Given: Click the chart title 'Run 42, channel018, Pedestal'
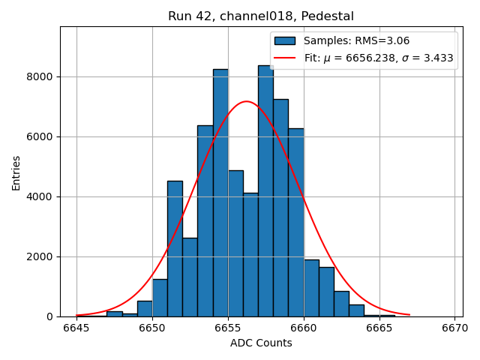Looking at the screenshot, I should click(x=261, y=16).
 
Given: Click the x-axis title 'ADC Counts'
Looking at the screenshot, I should click(x=261, y=343).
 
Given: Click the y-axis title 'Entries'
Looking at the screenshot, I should click(x=16, y=172).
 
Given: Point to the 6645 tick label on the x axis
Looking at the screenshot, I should click(x=76, y=328).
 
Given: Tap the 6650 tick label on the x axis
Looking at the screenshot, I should click(x=152, y=328).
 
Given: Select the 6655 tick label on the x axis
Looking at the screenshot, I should click(x=228, y=328).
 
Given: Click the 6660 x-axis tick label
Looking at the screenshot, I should click(x=304, y=328).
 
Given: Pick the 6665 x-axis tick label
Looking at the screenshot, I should click(x=379, y=328).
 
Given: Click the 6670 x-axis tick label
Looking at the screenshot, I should click(x=455, y=328).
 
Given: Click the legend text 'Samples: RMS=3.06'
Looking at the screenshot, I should click(x=356, y=41).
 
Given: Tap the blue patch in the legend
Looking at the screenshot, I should click(x=285, y=41).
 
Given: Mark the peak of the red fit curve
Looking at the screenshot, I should click(x=246, y=101).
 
